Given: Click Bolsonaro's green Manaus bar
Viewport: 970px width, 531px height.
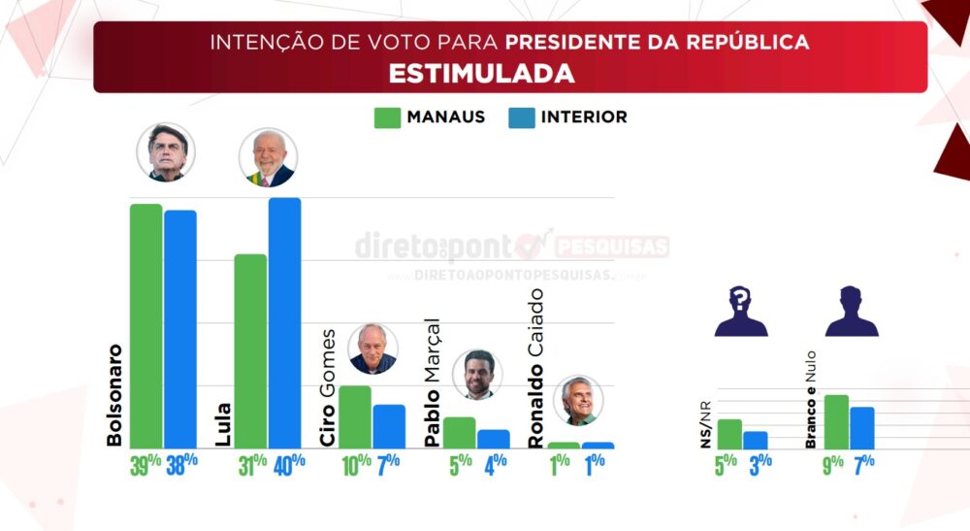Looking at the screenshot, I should point(146,325).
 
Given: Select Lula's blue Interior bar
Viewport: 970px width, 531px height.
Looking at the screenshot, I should point(284,322).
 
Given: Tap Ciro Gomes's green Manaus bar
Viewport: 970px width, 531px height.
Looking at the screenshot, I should point(355,416).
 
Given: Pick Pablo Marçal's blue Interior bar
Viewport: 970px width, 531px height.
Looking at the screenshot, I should point(494,439).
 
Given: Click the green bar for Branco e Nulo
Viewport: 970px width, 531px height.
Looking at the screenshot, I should point(836,422).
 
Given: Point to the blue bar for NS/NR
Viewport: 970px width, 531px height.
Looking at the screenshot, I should point(755,440).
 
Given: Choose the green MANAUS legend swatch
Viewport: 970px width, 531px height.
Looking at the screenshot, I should point(387,117).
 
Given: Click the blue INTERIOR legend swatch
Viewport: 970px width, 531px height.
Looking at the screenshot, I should point(521,117).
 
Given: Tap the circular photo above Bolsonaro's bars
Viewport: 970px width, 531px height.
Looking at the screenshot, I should point(166,152).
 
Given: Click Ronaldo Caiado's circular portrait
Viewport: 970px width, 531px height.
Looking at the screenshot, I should point(581,401).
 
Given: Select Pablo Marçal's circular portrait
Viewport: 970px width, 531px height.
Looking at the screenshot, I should point(475,374).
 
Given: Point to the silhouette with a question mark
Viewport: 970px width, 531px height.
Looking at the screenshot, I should point(741,311).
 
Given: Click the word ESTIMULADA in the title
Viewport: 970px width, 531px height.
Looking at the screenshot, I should point(481,74).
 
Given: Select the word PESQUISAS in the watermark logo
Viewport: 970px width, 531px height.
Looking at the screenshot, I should point(613,246).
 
